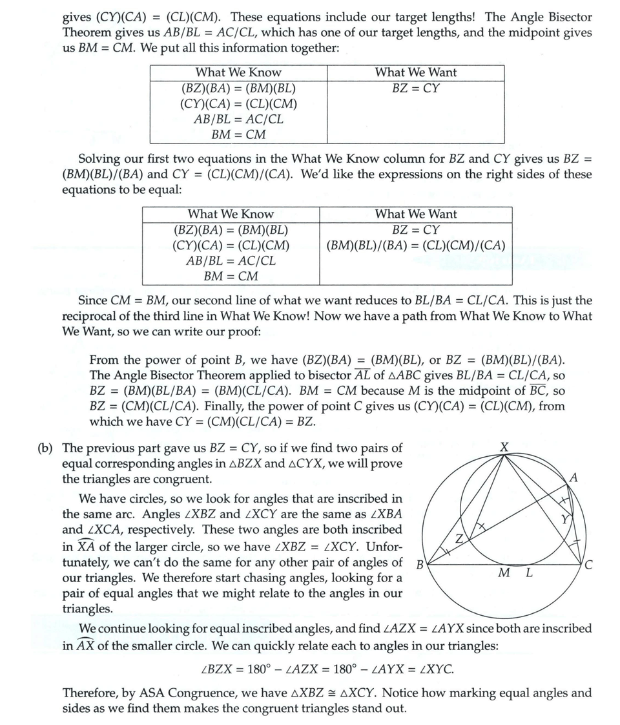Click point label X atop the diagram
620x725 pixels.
pyautogui.click(x=504, y=447)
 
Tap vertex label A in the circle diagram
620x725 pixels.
pyautogui.click(x=573, y=478)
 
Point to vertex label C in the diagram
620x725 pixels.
pyautogui.click(x=587, y=567)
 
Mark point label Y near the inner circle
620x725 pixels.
pyautogui.click(x=566, y=519)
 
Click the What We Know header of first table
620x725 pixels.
pyautogui.click(x=238, y=73)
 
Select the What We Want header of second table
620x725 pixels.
pyautogui.click(x=415, y=214)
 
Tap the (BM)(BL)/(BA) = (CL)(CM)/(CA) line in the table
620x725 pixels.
pyautogui.click(x=415, y=246)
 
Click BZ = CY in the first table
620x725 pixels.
pyautogui.click(x=415, y=89)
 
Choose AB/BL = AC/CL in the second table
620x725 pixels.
pyautogui.click(x=231, y=261)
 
